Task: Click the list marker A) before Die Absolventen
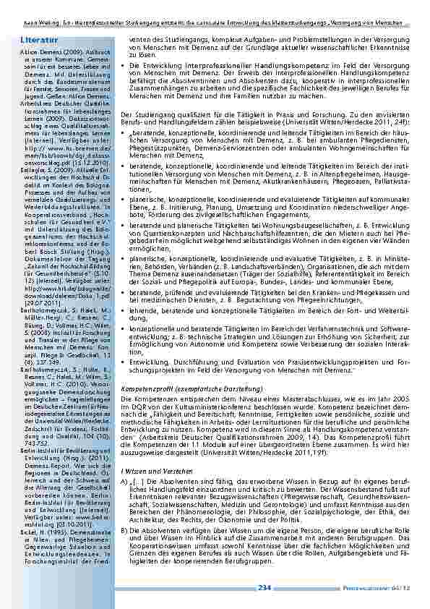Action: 126,481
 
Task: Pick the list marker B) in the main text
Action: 126,529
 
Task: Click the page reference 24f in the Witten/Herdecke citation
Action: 397,122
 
